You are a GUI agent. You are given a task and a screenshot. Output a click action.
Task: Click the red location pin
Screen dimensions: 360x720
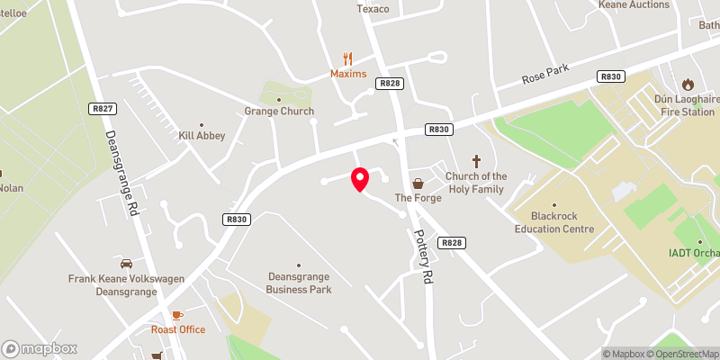coord(360,179)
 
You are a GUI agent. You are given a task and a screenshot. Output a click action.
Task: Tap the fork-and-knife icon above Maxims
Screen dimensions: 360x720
coord(348,58)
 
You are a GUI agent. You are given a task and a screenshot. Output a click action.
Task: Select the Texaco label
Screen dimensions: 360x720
coord(373,9)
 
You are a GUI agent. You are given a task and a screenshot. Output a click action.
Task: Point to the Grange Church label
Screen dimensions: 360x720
coord(279,111)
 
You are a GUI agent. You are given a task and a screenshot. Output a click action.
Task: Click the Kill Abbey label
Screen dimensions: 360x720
coord(202,135)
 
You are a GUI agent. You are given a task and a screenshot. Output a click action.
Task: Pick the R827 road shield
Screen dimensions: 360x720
coord(103,108)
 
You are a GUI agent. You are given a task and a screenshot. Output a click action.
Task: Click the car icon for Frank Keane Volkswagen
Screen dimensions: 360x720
coord(126,264)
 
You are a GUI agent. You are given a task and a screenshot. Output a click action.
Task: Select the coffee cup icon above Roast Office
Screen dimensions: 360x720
coord(176,314)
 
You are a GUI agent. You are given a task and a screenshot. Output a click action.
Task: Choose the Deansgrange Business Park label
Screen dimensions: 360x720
coord(299,283)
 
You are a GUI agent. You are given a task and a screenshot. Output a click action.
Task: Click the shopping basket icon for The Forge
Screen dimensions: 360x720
coord(417,183)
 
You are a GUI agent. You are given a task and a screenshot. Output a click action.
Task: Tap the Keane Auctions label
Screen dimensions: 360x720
coord(634,4)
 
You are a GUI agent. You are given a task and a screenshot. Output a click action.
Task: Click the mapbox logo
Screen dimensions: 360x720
coord(40,348)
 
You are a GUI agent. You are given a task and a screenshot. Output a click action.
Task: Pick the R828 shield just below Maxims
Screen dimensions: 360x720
coord(390,83)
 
